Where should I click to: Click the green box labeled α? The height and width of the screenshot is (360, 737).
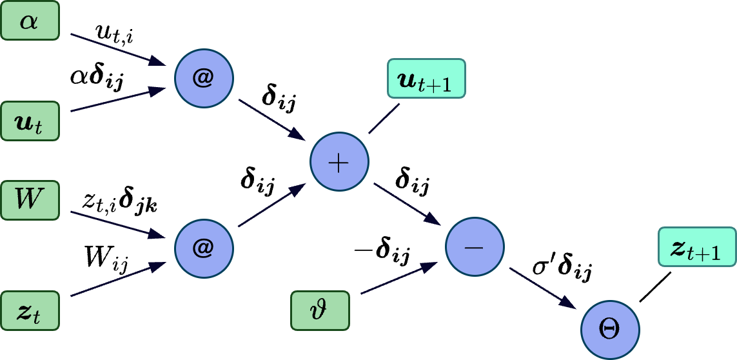point(30,21)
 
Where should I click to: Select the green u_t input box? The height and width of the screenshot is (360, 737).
point(30,121)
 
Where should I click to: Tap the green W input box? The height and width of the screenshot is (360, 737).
point(30,200)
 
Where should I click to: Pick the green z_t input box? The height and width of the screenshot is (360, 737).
point(30,311)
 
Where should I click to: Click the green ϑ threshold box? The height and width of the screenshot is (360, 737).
point(320,311)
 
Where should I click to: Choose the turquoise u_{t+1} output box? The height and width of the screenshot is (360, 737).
point(426,79)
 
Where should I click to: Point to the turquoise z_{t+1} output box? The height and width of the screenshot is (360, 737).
point(697,246)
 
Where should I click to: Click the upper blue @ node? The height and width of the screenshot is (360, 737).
point(204,78)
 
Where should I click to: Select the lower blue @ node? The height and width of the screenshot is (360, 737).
point(204,248)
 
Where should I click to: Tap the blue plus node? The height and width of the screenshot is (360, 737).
point(339,162)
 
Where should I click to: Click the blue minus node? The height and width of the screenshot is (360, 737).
point(475,247)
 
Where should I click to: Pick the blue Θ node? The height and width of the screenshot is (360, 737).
point(610,330)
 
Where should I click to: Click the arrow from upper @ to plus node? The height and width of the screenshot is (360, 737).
point(271,120)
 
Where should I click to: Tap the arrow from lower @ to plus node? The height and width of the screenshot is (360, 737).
point(271,205)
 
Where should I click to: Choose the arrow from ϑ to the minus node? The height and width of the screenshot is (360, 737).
point(400,278)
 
